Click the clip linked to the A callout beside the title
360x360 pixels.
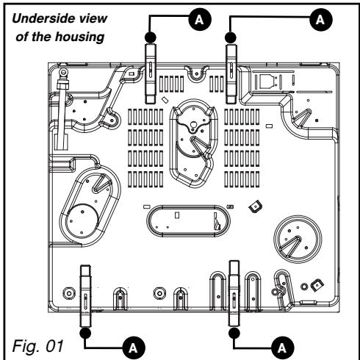pyautogui.click(x=151, y=74)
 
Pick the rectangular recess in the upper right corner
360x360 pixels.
pyautogui.click(x=264, y=79)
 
